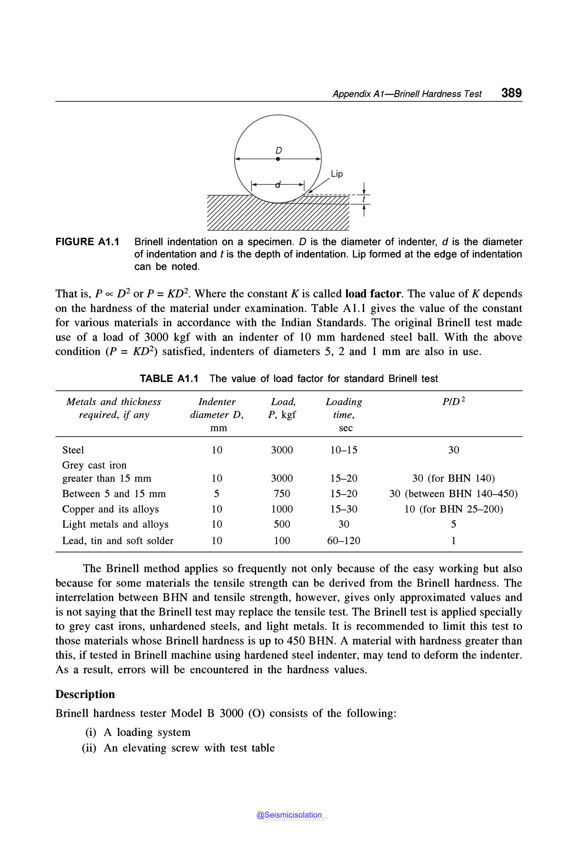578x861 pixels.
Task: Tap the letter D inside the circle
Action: [x=279, y=150]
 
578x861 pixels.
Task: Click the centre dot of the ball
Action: [x=278, y=159]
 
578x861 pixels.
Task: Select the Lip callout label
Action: [x=336, y=174]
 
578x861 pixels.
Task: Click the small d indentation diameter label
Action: [x=278, y=184]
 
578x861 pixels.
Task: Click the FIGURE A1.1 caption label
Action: [x=87, y=242]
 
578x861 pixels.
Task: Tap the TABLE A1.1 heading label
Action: [x=169, y=379]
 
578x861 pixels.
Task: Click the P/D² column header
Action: [x=454, y=401]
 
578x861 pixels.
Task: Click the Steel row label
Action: [x=73, y=450]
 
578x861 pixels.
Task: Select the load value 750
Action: [x=282, y=494]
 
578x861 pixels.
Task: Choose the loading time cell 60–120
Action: [x=343, y=541]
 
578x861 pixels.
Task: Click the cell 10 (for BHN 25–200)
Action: [x=454, y=509]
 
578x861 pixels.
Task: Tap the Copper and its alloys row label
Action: [x=110, y=509]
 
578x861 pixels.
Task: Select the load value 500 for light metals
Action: [x=282, y=524]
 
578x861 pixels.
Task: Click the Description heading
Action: [x=85, y=694]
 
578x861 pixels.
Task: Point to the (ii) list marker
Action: [x=89, y=748]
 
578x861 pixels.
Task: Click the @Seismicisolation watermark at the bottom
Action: [x=289, y=815]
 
